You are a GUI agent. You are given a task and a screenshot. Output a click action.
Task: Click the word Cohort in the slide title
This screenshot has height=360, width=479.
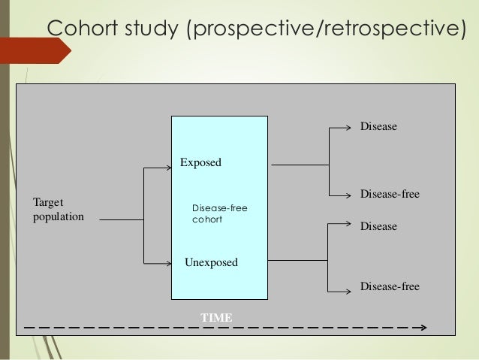tap(83, 28)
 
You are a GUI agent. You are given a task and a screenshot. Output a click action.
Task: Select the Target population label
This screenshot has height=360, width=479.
tap(59, 210)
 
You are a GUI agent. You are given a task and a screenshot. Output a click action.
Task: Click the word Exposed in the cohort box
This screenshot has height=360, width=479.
tap(200, 162)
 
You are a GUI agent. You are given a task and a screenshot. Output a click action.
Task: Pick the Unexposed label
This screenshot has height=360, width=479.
tap(211, 262)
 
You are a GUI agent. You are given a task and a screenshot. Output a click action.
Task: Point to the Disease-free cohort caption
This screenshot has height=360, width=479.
tap(219, 214)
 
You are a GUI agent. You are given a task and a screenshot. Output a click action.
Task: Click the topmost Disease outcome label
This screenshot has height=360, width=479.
tap(378, 127)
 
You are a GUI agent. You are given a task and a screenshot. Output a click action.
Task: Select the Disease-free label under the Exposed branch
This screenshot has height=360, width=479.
tap(389, 195)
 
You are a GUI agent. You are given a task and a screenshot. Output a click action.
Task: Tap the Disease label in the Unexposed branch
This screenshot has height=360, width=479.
tap(378, 226)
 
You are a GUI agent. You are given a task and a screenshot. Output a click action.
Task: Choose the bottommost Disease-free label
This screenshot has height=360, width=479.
tap(389, 286)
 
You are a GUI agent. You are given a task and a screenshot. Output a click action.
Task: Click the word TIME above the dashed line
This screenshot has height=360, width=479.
tap(216, 319)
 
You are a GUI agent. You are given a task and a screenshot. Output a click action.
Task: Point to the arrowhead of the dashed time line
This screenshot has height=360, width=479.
tap(423, 328)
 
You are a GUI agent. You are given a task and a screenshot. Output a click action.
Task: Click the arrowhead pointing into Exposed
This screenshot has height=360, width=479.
tap(168, 168)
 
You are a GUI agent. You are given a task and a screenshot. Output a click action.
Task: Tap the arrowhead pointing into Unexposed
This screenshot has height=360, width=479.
tap(168, 263)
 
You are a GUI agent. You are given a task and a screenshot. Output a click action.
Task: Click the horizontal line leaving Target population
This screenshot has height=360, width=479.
tap(120, 220)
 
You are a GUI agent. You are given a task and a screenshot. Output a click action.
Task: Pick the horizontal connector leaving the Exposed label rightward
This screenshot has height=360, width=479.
tap(299, 164)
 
